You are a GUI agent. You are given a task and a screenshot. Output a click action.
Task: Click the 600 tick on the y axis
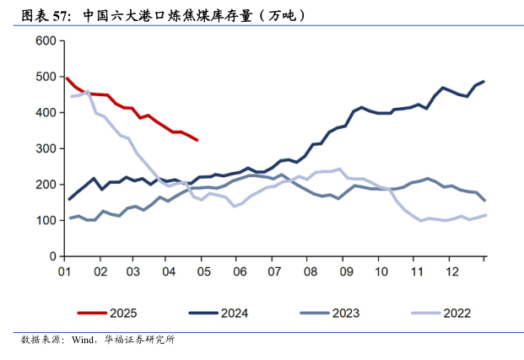coord(46,41)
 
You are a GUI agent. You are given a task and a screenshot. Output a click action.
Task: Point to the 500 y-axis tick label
coord(46,77)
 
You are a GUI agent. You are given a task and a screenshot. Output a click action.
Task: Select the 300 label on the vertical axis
coord(46,148)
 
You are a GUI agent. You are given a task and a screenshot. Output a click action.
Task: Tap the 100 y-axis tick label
coord(46,220)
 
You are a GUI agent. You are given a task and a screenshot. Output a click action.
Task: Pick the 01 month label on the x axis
coord(64,272)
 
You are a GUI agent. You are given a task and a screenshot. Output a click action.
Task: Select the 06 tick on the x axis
coord(240,272)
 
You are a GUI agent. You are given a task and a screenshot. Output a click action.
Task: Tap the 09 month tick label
coord(345,272)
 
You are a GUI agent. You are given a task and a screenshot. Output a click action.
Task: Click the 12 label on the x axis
coord(451,272)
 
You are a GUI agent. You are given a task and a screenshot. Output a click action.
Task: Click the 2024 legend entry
coord(234,313)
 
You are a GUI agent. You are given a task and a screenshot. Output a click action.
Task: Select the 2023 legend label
coord(345,313)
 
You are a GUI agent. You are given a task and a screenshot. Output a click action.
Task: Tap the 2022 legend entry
coord(456,313)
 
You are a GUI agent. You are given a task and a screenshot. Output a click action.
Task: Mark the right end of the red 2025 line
coord(197,140)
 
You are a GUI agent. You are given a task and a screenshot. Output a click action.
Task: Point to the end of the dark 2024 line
coord(483,82)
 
